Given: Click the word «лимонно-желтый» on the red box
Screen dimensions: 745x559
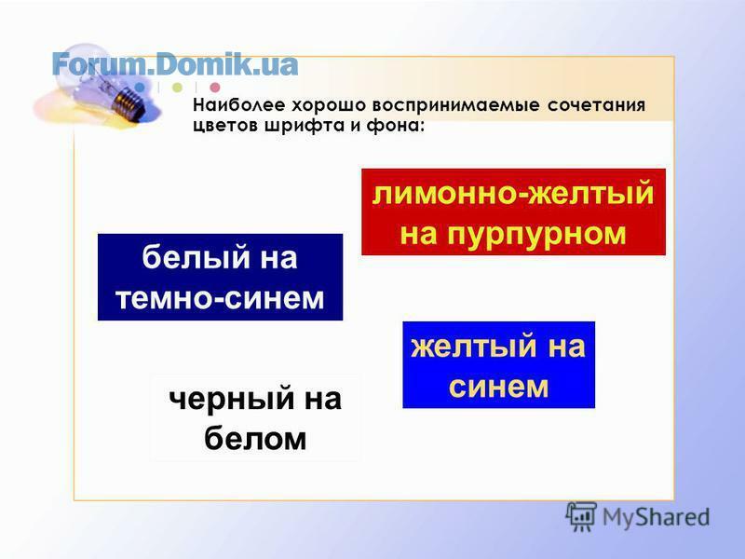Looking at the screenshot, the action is (x=513, y=194).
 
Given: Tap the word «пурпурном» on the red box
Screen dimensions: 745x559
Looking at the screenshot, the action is (x=537, y=234).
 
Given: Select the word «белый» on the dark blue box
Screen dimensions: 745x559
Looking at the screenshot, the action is (x=196, y=257).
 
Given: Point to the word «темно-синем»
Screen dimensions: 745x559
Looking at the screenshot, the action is (x=220, y=298).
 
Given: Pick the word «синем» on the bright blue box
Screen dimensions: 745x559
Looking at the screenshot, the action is (x=498, y=387).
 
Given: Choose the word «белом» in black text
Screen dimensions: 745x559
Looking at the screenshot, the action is (x=255, y=438).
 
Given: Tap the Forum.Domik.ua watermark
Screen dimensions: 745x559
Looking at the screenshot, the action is (x=175, y=64).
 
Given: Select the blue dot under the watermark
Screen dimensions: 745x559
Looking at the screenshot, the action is (x=140, y=88).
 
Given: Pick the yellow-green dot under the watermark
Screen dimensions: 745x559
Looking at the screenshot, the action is (x=177, y=88).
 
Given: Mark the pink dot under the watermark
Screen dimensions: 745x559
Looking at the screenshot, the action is (x=215, y=88).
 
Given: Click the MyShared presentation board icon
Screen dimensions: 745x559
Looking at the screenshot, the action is (x=581, y=516).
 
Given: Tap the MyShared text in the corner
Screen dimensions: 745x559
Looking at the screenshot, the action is (x=656, y=517).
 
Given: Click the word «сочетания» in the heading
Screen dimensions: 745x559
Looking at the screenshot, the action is (x=596, y=105).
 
